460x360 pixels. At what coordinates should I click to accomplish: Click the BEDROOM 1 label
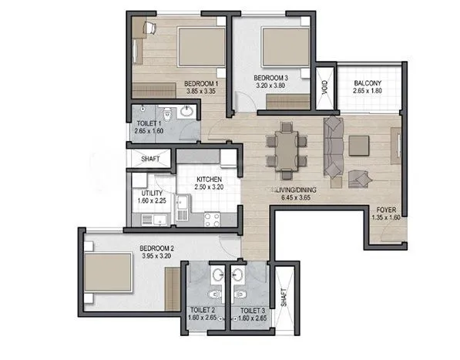coord(203,83)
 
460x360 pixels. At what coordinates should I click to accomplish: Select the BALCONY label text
coord(364,84)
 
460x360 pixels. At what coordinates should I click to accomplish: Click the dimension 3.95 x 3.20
coord(154,256)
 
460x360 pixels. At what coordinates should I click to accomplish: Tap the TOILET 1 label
coord(148,123)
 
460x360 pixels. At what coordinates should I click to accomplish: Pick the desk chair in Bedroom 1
coord(149,28)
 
